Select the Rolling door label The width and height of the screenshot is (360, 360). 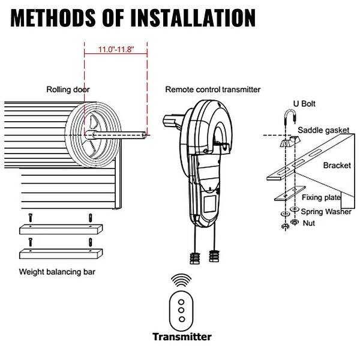click(x=68, y=90)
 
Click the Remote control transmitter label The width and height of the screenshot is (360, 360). click(x=213, y=89)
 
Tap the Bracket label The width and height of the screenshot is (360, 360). click(x=337, y=165)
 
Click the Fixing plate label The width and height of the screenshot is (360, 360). click(x=322, y=197)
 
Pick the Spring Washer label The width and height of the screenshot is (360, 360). click(x=327, y=211)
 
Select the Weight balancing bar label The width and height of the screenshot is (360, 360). click(x=58, y=271)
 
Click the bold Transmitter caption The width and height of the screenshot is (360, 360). click(x=181, y=337)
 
